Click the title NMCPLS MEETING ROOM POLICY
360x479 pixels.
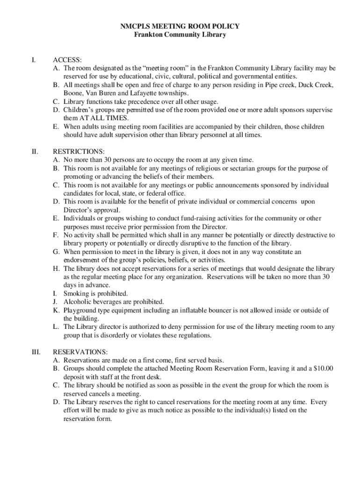[x=180, y=27]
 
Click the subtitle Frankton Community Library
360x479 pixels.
[x=180, y=35]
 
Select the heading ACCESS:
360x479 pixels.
[x=67, y=60]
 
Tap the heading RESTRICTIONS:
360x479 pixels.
[x=79, y=152]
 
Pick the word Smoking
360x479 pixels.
[x=76, y=293]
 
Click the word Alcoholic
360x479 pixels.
[x=78, y=302]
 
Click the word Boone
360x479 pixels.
[x=74, y=93]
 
